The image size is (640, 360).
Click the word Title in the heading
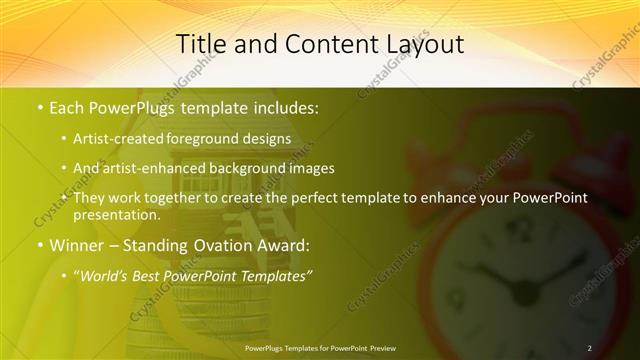click(x=200, y=44)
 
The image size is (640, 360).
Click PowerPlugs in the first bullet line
click(x=136, y=105)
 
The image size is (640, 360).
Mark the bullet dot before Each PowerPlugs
click(x=39, y=105)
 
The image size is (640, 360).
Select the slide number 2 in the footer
click(x=589, y=347)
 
